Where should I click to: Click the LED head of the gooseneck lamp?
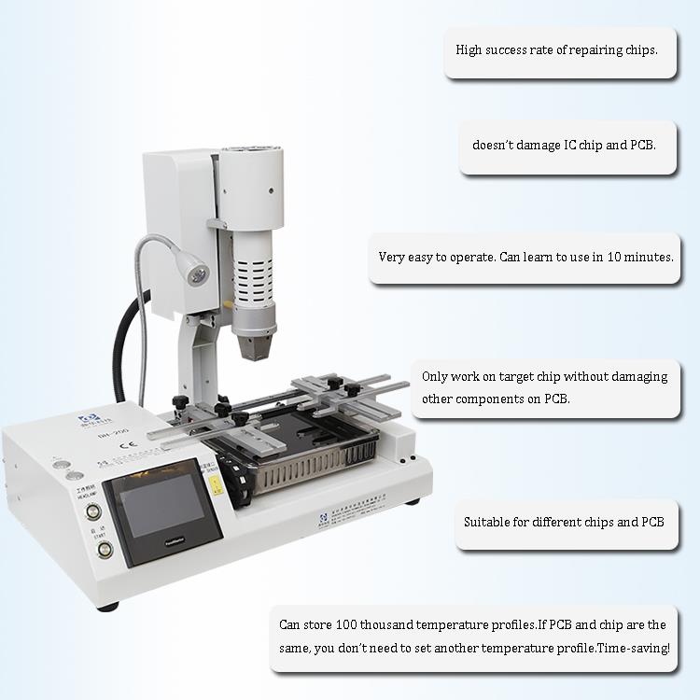point(198,275)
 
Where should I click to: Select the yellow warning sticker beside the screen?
point(214,484)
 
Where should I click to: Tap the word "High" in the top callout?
point(470,49)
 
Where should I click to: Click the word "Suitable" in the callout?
point(487,522)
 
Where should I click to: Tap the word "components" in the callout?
point(492,399)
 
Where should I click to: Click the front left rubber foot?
point(111,606)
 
